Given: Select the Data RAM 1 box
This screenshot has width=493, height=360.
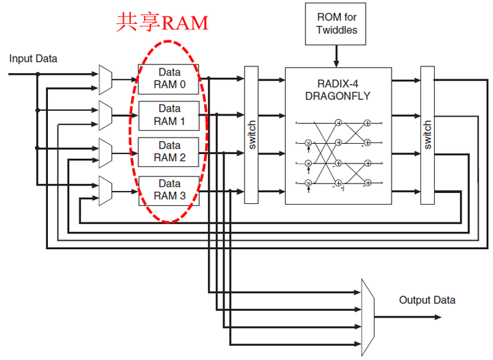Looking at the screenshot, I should (x=168, y=116).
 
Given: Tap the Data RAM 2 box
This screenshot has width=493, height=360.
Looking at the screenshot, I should (x=168, y=152).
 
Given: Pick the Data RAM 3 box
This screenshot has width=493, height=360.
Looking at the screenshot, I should (x=168, y=190).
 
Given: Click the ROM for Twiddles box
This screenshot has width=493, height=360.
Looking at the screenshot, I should (x=336, y=24).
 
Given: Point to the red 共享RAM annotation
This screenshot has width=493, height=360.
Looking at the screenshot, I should (x=162, y=23).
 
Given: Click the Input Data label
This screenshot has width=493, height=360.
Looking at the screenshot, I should (x=33, y=59).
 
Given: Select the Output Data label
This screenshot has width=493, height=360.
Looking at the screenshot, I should (x=427, y=300).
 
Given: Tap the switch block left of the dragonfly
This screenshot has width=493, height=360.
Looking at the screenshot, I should (x=251, y=135).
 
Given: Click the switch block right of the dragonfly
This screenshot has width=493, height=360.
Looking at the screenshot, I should (x=427, y=135).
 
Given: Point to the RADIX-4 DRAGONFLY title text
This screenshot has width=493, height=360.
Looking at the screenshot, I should (x=338, y=90).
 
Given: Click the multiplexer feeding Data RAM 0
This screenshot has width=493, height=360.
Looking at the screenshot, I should (x=105, y=79).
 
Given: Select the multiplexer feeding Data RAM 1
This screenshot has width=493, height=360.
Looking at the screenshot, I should (x=105, y=116).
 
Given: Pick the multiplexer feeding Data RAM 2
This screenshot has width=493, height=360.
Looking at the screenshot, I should (x=105, y=152).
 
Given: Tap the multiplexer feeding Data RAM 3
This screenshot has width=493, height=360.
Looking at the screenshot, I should (x=105, y=190).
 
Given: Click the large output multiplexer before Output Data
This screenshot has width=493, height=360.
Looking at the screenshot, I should (x=367, y=317).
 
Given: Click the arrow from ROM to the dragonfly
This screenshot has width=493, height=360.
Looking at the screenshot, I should (x=336, y=55).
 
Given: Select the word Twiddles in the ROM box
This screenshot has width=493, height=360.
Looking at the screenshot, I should (x=336, y=30).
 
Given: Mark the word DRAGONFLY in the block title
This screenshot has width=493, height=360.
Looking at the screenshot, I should (x=338, y=97).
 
